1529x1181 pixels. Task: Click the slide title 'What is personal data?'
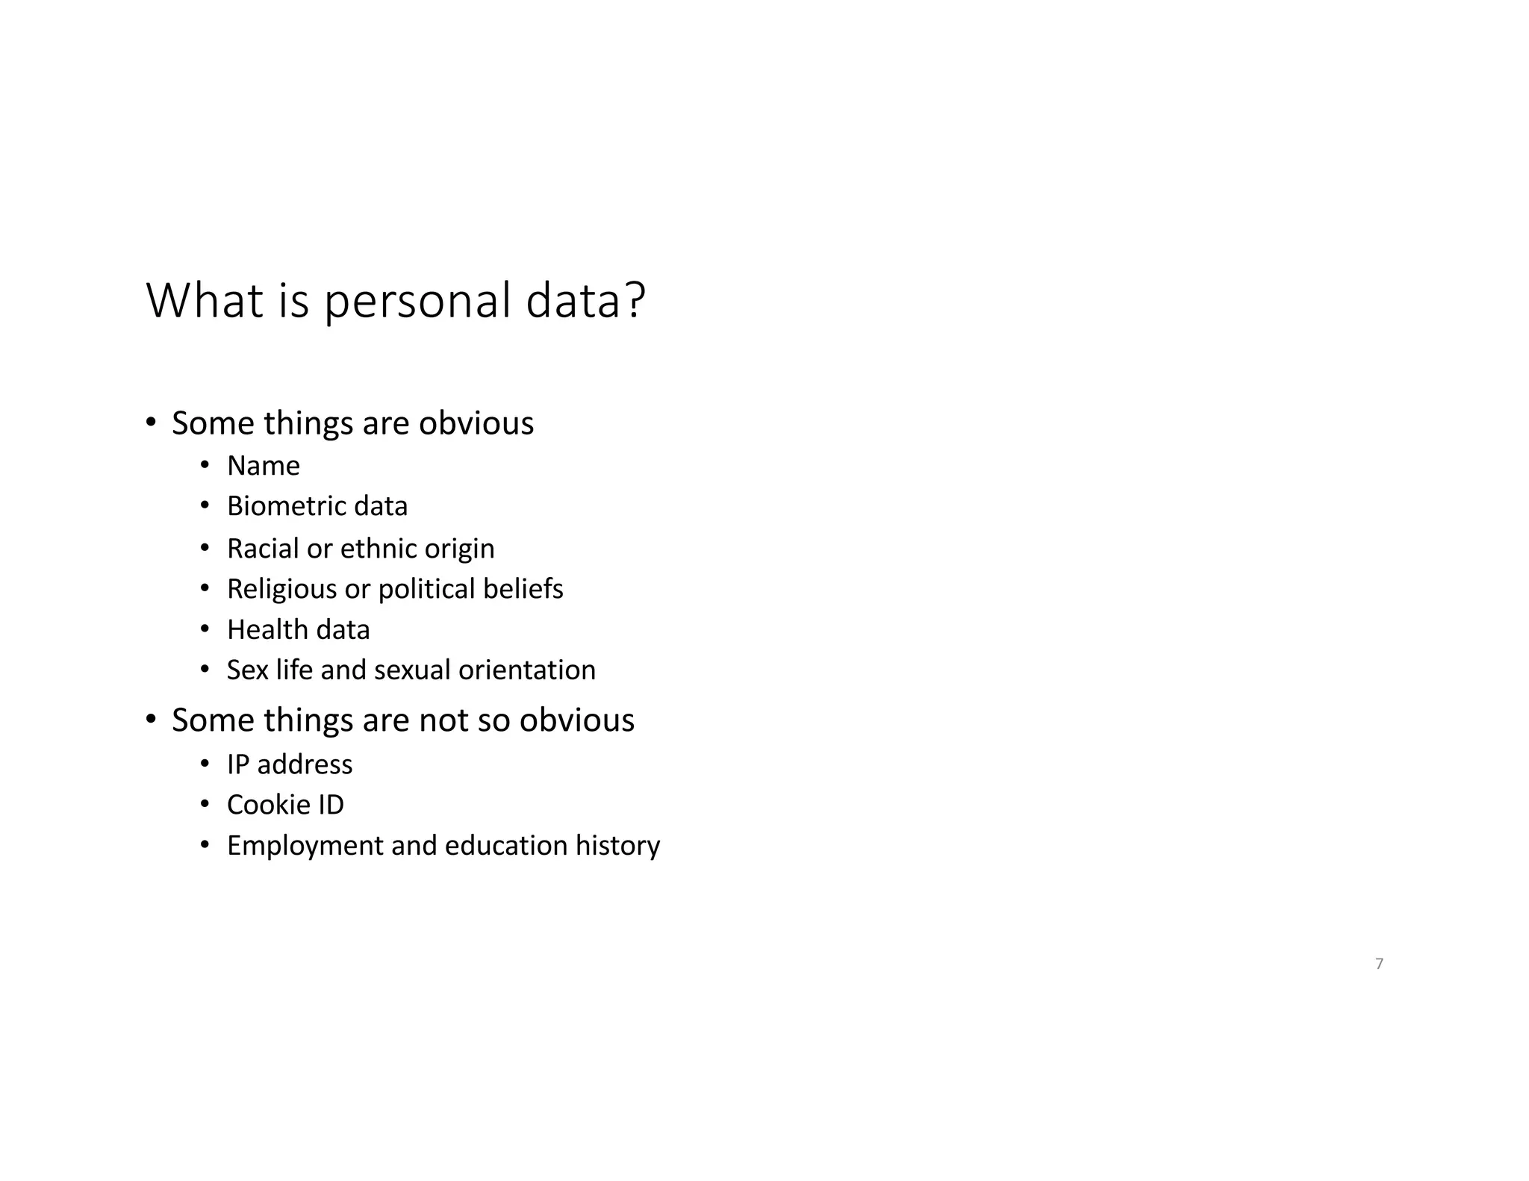(x=396, y=301)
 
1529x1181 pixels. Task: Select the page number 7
(x=1379, y=964)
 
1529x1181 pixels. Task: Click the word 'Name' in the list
(x=264, y=466)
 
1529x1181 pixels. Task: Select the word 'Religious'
(x=281, y=589)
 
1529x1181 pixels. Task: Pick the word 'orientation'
(x=526, y=670)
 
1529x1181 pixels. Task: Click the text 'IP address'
(x=290, y=764)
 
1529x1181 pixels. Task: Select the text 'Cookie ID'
(x=285, y=805)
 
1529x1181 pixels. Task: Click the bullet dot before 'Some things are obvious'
(x=151, y=423)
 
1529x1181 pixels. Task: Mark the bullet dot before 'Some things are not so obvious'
(x=151, y=720)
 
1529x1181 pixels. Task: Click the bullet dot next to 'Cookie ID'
(x=205, y=805)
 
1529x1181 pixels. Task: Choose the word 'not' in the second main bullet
(x=443, y=720)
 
